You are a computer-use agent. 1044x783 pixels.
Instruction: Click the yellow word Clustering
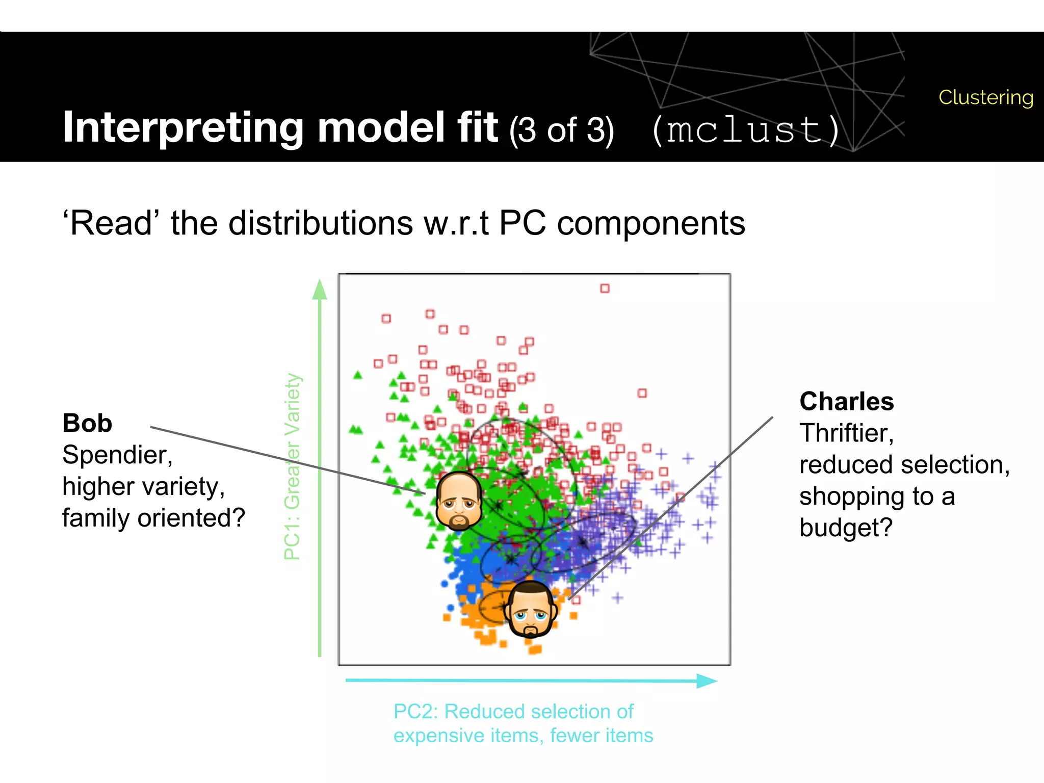tap(985, 97)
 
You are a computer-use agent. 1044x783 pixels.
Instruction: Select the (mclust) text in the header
tap(746, 130)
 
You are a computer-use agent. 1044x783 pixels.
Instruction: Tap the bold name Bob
tap(87, 423)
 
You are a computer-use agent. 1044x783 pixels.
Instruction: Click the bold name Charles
tap(846, 401)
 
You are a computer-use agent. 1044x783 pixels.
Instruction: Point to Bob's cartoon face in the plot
tap(458, 501)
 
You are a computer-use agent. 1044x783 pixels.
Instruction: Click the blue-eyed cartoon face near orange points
tap(530, 609)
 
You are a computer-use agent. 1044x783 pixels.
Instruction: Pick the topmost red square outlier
tap(605, 289)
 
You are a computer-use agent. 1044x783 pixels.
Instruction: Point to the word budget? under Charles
tap(846, 528)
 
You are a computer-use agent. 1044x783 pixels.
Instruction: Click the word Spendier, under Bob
tap(117, 455)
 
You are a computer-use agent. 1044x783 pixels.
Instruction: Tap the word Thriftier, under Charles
tap(846, 433)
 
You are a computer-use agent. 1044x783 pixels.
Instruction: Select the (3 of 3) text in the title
tap(561, 130)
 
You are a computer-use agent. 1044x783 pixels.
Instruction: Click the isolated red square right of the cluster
tap(642, 393)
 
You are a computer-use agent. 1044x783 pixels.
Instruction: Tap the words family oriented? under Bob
tap(153, 518)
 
